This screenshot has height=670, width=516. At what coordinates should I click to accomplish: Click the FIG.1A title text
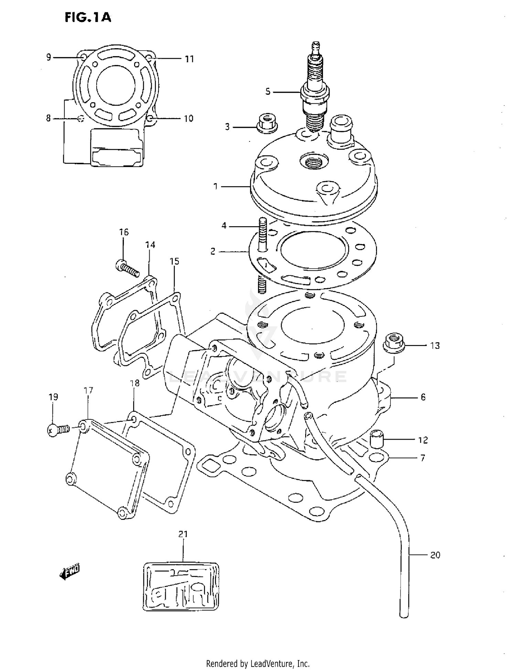[88, 17]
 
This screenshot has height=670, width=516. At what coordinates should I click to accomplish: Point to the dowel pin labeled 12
[377, 439]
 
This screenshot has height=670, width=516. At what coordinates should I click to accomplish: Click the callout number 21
[183, 534]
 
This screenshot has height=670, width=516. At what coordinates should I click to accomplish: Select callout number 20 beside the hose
[435, 555]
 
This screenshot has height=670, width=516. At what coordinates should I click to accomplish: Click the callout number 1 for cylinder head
[215, 187]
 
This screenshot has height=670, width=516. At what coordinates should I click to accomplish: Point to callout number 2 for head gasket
[213, 252]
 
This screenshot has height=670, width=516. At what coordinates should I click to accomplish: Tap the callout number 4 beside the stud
[224, 226]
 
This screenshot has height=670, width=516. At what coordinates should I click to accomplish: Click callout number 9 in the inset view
[49, 57]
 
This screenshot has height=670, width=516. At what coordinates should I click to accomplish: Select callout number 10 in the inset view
[188, 118]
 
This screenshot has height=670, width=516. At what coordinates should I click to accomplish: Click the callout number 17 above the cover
[88, 390]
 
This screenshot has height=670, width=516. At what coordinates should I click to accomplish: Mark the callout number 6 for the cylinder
[423, 397]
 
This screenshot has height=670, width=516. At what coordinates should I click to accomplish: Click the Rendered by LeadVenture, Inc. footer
[258, 663]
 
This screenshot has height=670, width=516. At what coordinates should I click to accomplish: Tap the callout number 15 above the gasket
[174, 261]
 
